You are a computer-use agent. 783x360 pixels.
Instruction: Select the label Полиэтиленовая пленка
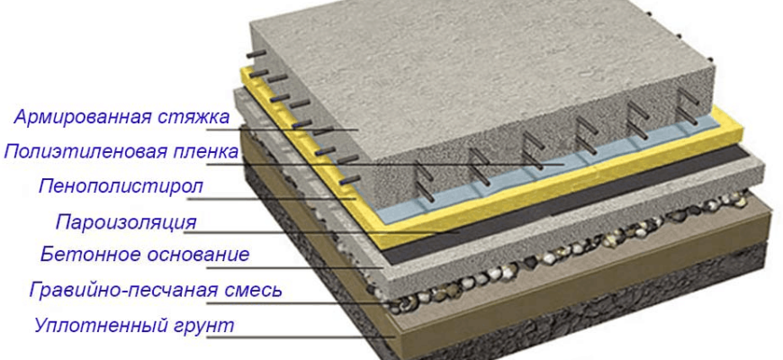121,151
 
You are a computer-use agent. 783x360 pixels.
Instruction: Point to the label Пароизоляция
126,221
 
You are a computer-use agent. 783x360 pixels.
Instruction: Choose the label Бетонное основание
145,255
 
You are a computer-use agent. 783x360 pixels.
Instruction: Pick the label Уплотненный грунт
134,325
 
